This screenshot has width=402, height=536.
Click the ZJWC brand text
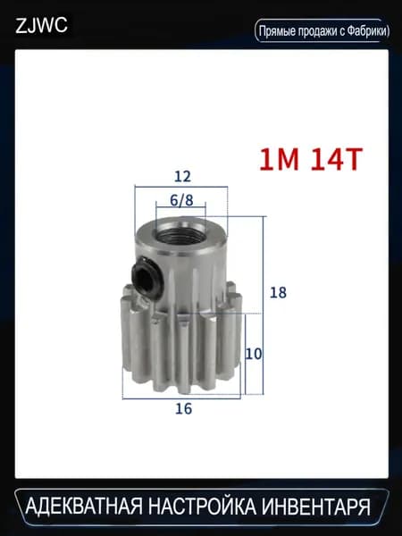[41, 25]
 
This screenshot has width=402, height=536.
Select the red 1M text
[279, 160]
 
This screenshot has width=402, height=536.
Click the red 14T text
[337, 160]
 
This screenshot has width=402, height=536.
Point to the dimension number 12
[182, 177]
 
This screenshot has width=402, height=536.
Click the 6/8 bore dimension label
[181, 200]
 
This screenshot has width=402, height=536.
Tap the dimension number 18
[278, 293]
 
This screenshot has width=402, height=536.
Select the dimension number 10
[254, 354]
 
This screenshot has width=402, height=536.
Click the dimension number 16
[183, 408]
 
